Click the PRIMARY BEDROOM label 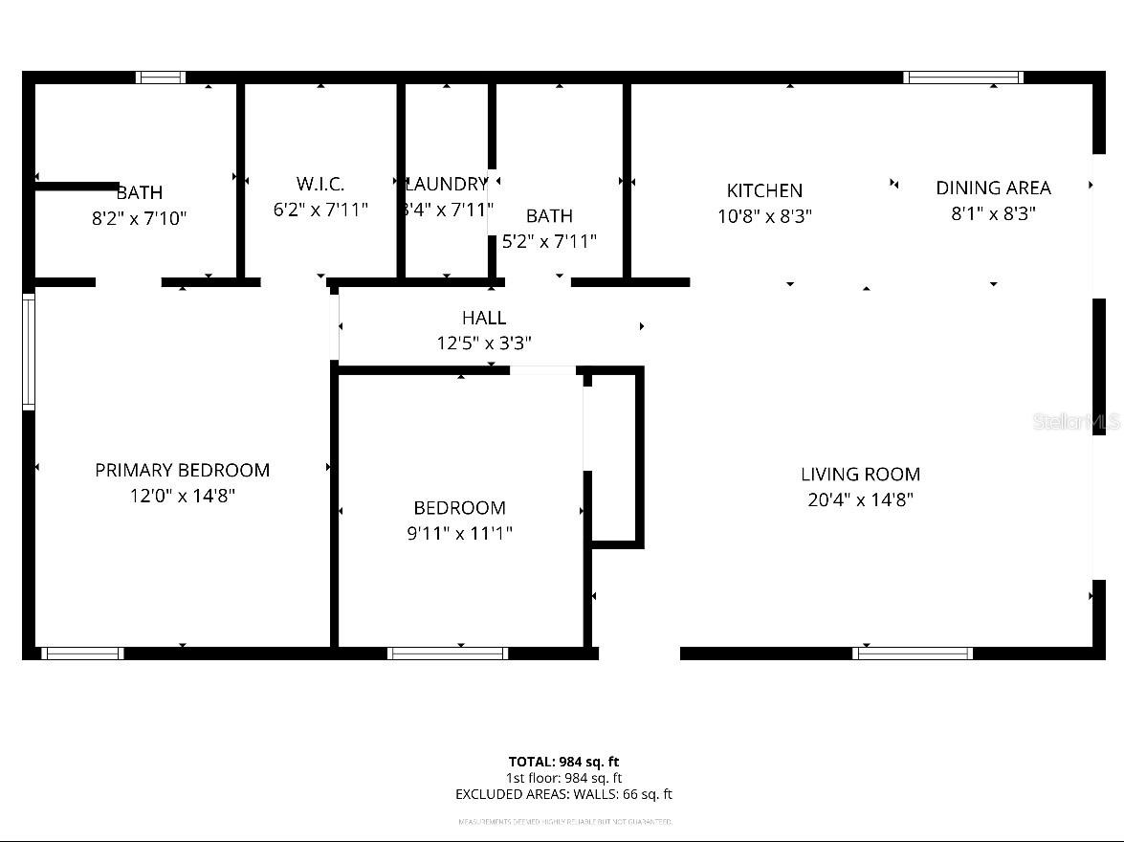[182, 470]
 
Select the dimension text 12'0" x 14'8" [182, 496]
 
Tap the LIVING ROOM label [860, 474]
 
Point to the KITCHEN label [764, 190]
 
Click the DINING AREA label [993, 188]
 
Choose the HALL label [484, 318]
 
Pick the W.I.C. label [320, 184]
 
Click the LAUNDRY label [447, 184]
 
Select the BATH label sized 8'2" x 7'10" [140, 193]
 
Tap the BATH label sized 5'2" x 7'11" [549, 216]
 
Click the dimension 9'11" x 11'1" [459, 534]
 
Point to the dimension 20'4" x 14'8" [860, 499]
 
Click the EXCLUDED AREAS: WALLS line [563, 794]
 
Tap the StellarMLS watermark [1075, 422]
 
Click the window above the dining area [963, 78]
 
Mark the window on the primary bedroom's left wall [29, 352]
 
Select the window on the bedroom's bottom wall [448, 654]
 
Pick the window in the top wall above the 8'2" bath [161, 78]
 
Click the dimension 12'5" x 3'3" [484, 343]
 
